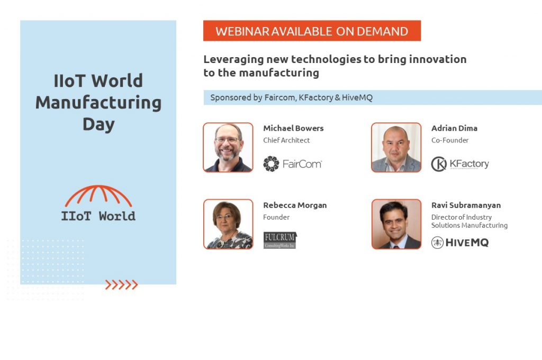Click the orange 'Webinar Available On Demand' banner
click(312, 31)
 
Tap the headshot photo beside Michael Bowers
click(228, 148)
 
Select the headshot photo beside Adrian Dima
click(396, 148)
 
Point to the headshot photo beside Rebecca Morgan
click(228, 224)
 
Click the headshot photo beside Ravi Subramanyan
click(396, 224)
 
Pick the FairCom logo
click(293, 164)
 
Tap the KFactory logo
click(459, 164)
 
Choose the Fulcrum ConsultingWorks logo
click(280, 240)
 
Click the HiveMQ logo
click(459, 242)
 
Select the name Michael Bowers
click(293, 128)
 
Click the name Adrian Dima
click(454, 128)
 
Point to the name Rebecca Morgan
click(295, 205)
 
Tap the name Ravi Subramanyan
click(466, 205)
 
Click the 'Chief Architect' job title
click(286, 140)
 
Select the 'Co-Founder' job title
click(450, 140)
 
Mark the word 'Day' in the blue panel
click(98, 124)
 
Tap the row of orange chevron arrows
click(121, 285)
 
